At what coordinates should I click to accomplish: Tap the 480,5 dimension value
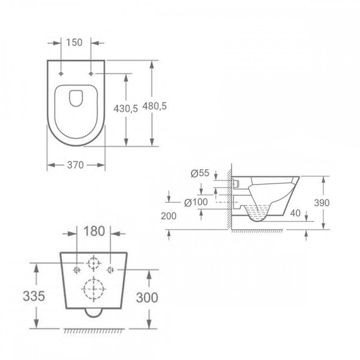[155, 106]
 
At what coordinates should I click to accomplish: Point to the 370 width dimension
[76, 165]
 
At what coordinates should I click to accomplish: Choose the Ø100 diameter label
[196, 202]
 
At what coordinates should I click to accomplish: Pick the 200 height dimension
[168, 216]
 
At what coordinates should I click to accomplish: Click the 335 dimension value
[34, 296]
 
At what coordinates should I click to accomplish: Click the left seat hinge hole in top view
[61, 73]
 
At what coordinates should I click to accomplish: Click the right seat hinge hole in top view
[91, 73]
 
